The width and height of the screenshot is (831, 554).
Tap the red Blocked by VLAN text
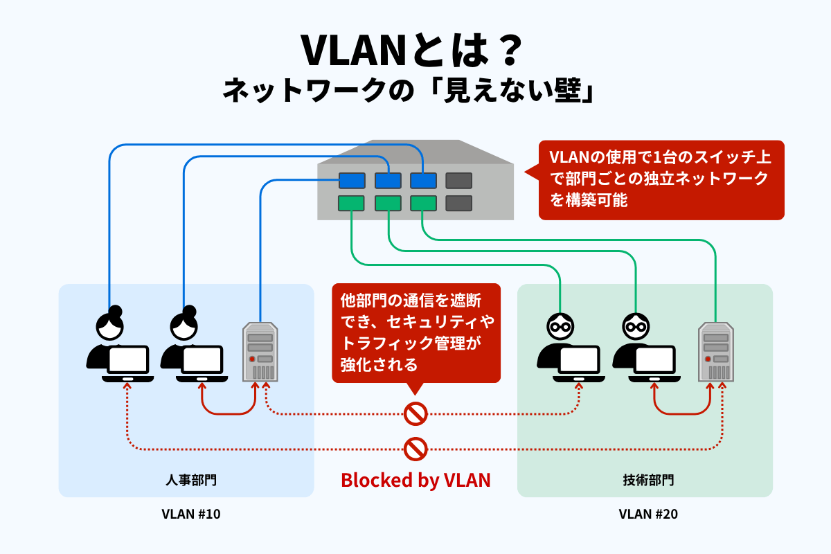(415, 480)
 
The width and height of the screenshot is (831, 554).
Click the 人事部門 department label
(186, 479)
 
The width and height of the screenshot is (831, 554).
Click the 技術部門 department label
(645, 479)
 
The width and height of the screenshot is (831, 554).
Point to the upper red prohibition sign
(415, 414)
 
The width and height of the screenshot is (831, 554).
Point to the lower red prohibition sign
(415, 449)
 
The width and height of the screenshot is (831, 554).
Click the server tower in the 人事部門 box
(260, 352)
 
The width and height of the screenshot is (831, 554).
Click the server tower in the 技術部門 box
(715, 352)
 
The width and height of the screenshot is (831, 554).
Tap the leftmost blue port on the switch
(352, 181)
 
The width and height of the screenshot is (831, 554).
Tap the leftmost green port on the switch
(352, 203)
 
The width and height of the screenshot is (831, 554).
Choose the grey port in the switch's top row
(458, 181)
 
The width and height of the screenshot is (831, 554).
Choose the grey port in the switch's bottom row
(458, 203)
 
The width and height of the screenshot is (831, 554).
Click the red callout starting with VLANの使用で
(661, 179)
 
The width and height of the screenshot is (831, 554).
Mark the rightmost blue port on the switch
(423, 181)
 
